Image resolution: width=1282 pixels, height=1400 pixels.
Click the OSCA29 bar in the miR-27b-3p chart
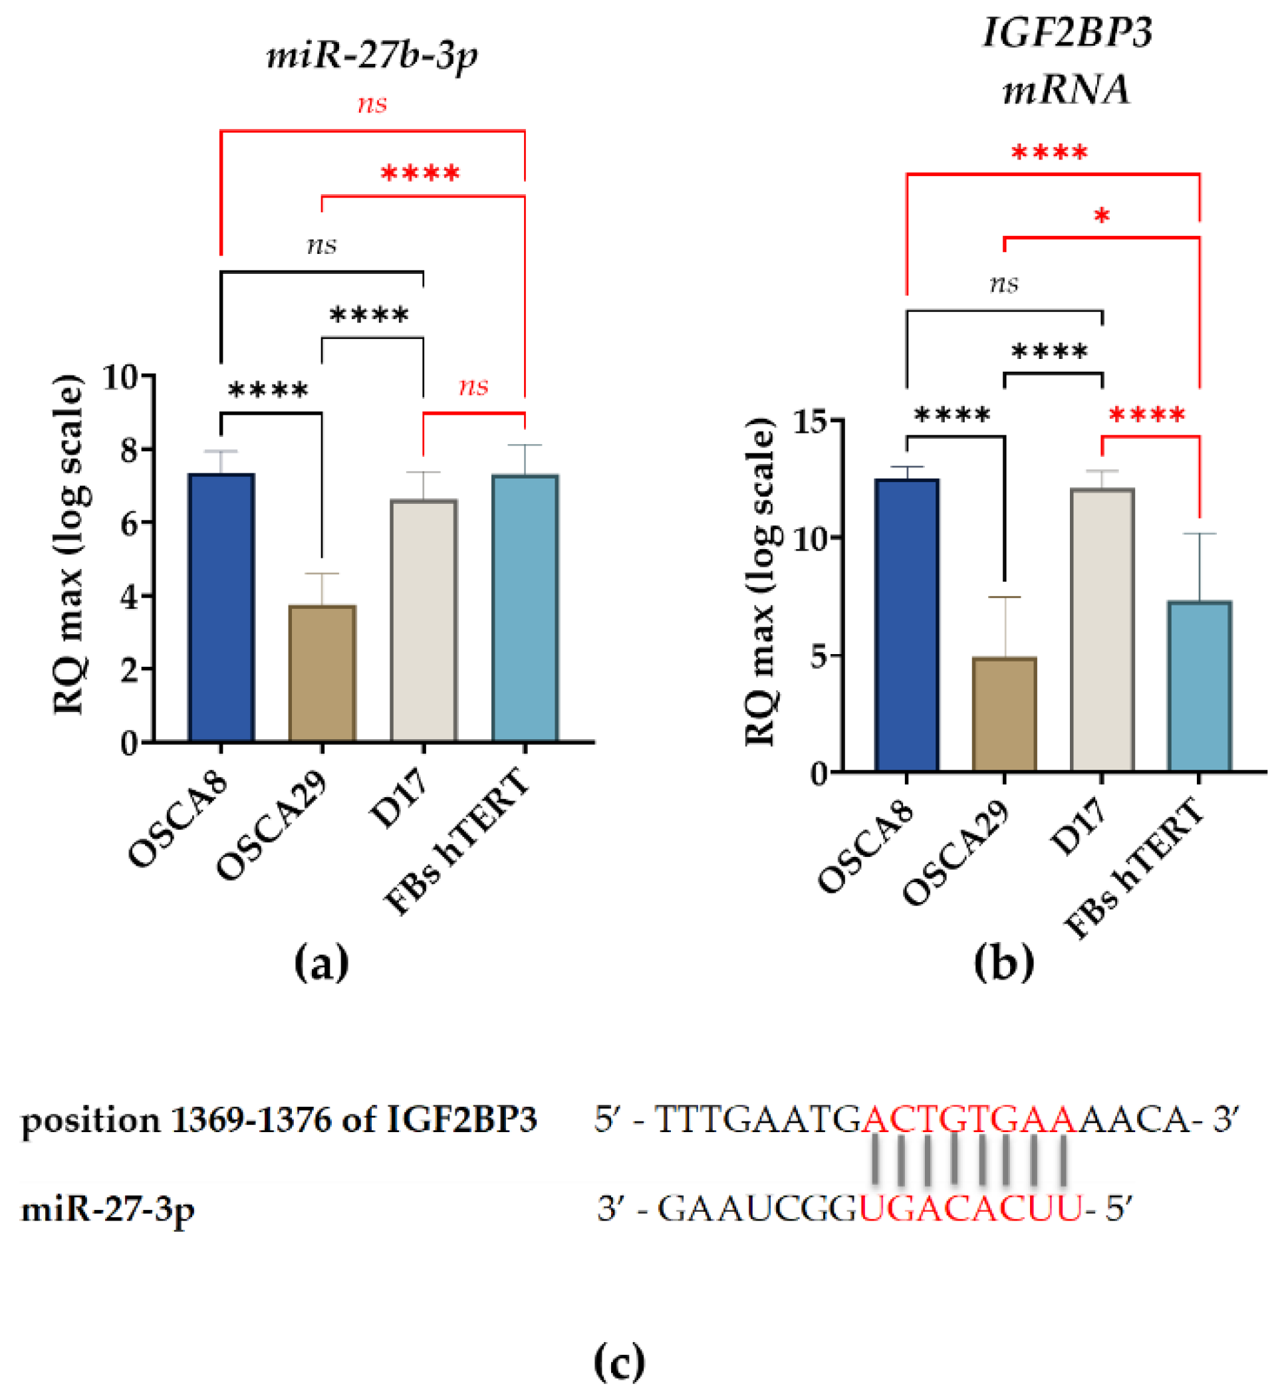[322, 673]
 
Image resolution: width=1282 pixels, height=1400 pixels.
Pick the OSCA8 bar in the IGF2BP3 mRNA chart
[906, 625]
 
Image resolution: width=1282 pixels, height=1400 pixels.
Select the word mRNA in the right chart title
[1067, 90]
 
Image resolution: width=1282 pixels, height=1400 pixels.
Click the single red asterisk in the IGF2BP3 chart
[1101, 217]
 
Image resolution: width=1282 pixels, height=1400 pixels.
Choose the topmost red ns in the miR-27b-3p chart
[372, 104]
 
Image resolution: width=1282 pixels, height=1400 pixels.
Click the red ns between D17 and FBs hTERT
[473, 386]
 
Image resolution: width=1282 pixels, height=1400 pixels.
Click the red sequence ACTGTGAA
[969, 1119]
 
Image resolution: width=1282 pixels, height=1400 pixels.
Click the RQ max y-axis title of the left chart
[69, 545]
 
